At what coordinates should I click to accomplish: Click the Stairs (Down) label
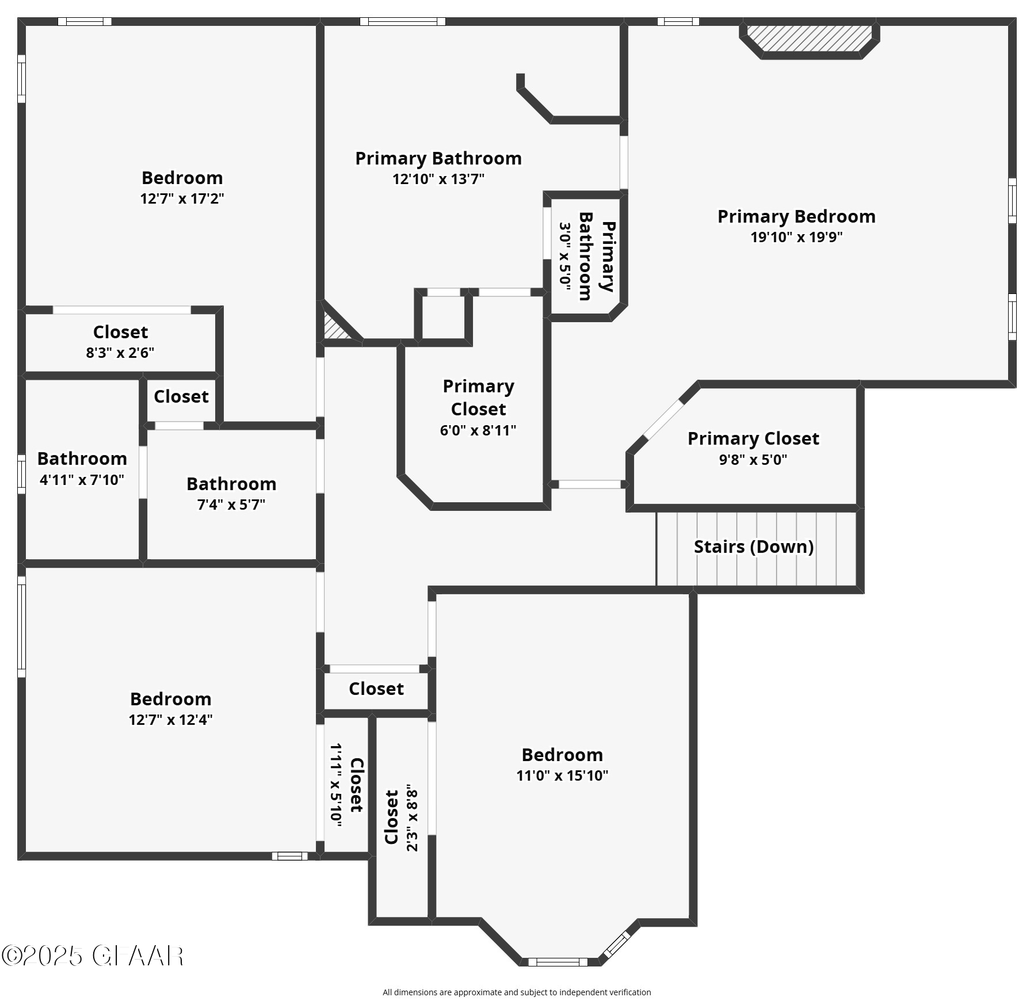coord(753,547)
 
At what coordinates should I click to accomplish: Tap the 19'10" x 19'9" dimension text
coord(796,237)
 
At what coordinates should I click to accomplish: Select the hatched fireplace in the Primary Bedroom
coord(809,39)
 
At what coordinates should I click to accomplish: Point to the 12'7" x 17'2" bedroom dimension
coord(182,198)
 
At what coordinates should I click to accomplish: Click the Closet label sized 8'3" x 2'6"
coord(120,332)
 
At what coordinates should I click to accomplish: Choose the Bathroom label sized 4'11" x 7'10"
coord(82,459)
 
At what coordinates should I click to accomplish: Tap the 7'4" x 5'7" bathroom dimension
coord(231,505)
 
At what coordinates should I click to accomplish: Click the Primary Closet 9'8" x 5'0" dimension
coord(753,460)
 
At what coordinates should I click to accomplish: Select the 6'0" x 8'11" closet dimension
coord(478,430)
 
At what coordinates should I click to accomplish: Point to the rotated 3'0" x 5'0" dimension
coord(565,256)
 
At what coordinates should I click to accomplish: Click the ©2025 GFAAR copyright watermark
coord(92,956)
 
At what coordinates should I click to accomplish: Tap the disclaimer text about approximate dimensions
coord(517,992)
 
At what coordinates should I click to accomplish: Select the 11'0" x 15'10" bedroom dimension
coord(562,775)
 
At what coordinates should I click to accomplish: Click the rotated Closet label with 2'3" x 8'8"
coord(391,817)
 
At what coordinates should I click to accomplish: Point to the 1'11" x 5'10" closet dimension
coord(336,785)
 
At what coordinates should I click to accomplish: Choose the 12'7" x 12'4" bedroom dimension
coord(170,720)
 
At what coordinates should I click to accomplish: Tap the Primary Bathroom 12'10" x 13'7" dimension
coord(438,179)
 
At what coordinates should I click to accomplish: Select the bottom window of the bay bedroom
coord(558,961)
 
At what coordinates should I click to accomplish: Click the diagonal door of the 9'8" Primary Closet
coord(663,421)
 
